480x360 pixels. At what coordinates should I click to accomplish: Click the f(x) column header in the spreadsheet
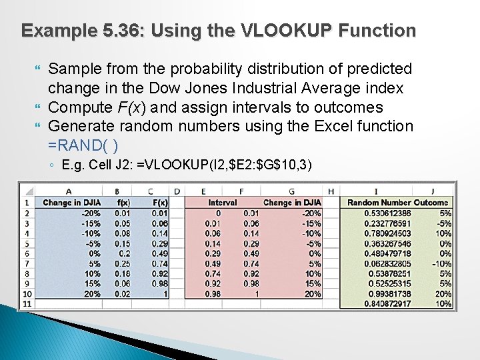pos(122,203)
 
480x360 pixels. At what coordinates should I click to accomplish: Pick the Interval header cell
pos(222,203)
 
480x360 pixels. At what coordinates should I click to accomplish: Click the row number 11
pos(27,304)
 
